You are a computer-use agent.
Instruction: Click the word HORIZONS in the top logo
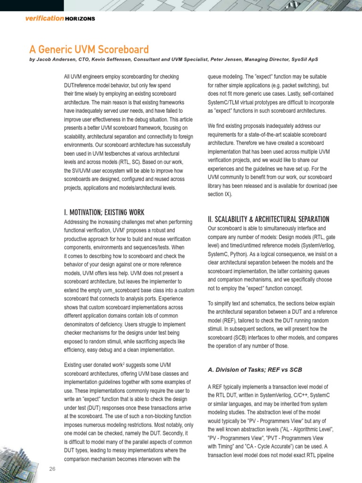(80, 18)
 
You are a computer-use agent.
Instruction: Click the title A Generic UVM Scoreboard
(89, 50)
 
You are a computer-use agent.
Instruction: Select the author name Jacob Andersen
(55, 60)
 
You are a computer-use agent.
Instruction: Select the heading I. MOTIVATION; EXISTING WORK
(104, 212)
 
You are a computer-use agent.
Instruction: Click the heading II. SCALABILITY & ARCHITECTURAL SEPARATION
(268, 219)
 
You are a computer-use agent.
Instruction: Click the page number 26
(52, 468)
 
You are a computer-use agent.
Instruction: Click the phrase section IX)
(219, 194)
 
